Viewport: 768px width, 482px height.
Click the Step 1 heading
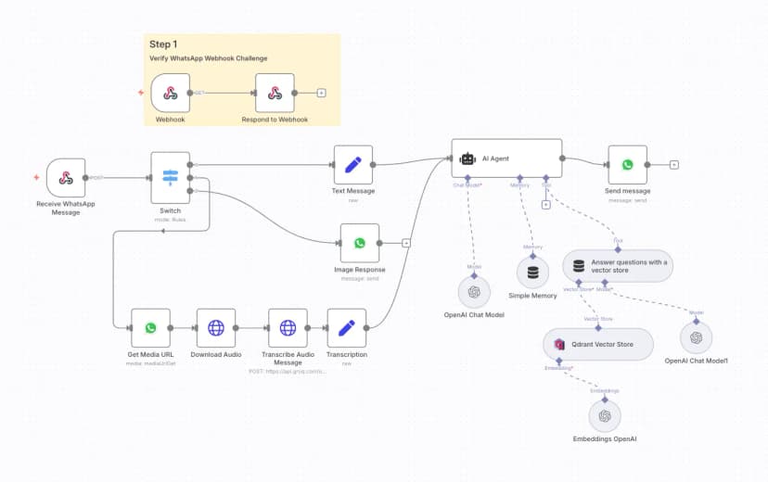point(163,44)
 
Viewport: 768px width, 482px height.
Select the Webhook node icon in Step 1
point(171,93)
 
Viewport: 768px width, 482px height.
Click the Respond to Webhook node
point(275,93)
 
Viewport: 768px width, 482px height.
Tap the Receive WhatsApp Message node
point(66,177)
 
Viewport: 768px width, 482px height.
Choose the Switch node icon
point(171,176)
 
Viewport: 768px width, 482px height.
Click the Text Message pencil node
point(353,165)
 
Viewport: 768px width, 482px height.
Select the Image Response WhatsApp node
point(360,243)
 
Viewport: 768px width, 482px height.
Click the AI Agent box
point(506,159)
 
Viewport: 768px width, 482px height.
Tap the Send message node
point(628,165)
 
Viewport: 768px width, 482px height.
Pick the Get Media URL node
point(151,327)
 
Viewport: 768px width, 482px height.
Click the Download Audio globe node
point(216,327)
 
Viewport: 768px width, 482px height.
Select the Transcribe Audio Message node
point(288,327)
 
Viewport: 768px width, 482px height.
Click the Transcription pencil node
point(347,327)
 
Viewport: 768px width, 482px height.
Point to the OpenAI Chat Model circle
point(474,292)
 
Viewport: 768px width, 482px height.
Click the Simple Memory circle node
point(532,273)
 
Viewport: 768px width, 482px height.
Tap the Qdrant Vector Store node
point(598,344)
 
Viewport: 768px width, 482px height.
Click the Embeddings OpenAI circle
point(605,416)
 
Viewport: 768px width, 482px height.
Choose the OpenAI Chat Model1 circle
point(696,335)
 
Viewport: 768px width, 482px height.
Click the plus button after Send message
point(674,165)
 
